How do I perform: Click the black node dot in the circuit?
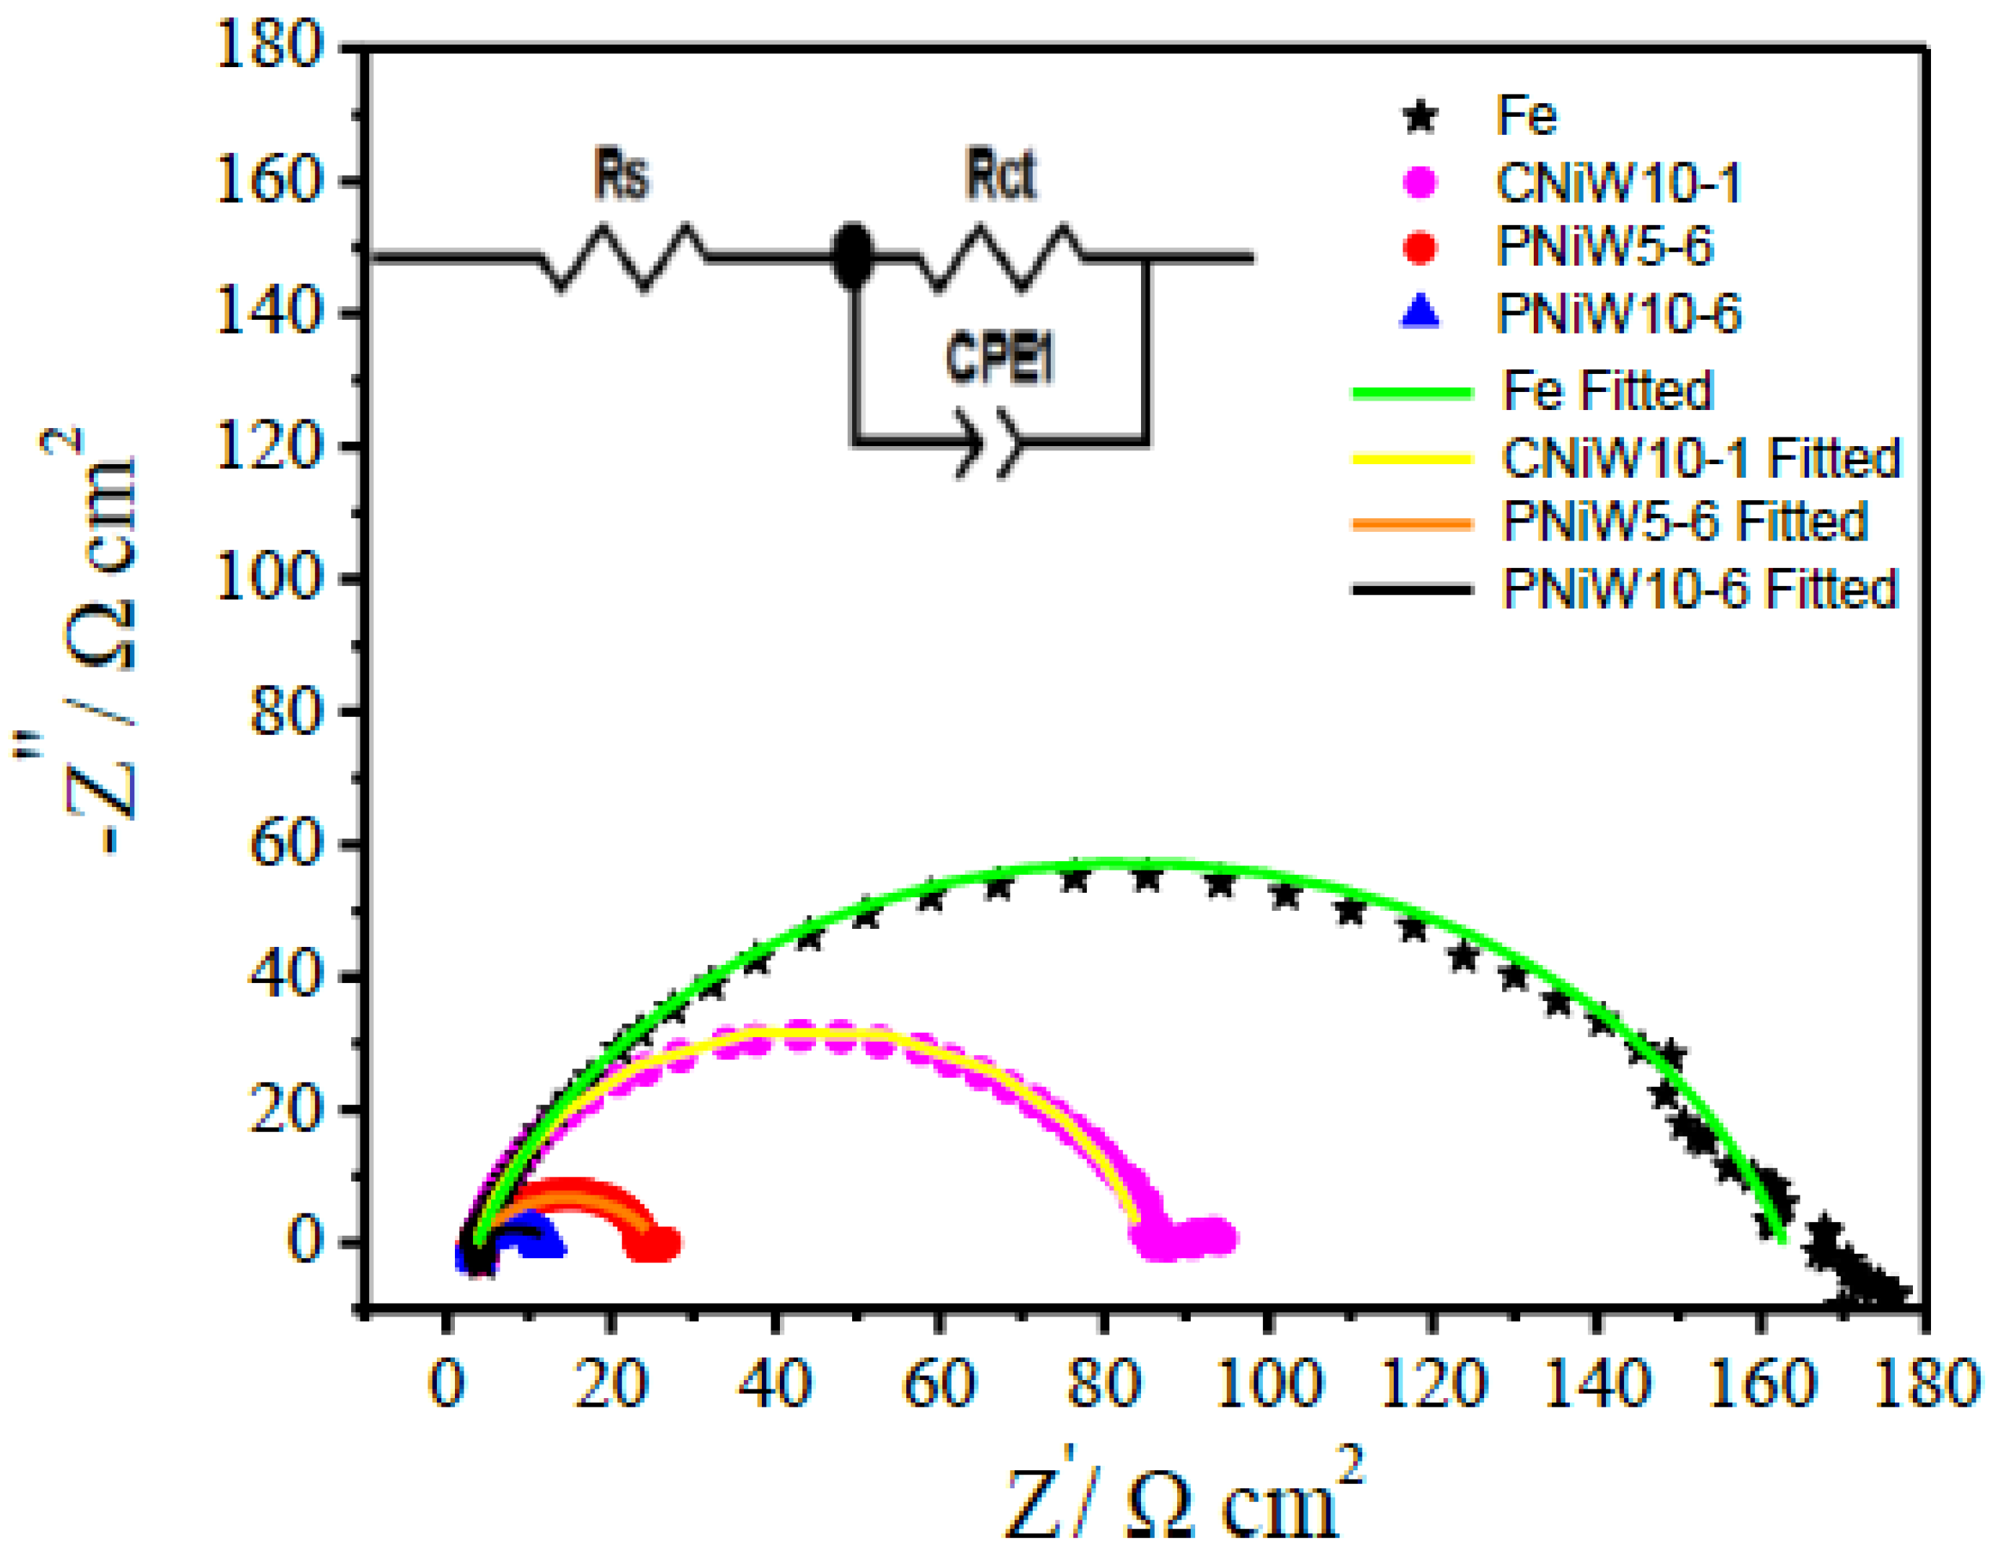[852, 257]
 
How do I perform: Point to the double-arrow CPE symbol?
[987, 444]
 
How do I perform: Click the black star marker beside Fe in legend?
[1420, 117]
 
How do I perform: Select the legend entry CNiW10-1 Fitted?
[1700, 458]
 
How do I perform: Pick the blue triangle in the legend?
[1420, 313]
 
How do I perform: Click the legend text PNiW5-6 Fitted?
[1684, 523]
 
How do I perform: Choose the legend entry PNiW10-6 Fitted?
[1700, 588]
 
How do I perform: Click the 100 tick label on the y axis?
[269, 577]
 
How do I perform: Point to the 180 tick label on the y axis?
[269, 45]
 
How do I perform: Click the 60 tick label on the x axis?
[939, 1383]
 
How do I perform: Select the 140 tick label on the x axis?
[1597, 1383]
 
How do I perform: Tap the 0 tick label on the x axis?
[446, 1383]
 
